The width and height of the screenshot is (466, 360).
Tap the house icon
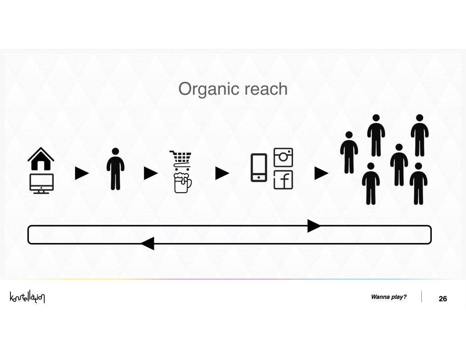pyautogui.click(x=41, y=159)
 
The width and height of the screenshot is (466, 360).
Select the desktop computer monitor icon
pyautogui.click(x=41, y=184)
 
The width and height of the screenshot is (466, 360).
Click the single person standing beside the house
pyautogui.click(x=116, y=169)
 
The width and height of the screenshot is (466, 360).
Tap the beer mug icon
pyautogui.click(x=182, y=183)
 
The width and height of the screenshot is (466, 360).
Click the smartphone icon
pyautogui.click(x=259, y=167)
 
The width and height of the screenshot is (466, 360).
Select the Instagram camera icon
pyautogui.click(x=283, y=157)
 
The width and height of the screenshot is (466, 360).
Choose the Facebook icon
pyautogui.click(x=283, y=180)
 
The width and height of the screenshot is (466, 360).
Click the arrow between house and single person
pyautogui.click(x=82, y=173)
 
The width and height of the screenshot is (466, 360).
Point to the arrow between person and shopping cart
pyautogui.click(x=151, y=173)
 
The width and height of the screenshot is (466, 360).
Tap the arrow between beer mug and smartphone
pyautogui.click(x=222, y=173)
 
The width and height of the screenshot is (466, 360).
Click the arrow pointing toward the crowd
pyautogui.click(x=322, y=173)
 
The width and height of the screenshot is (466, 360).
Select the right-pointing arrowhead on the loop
pyautogui.click(x=314, y=226)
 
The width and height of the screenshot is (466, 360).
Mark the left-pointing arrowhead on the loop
pyautogui.click(x=147, y=243)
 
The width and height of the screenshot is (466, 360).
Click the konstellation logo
pyautogui.click(x=27, y=297)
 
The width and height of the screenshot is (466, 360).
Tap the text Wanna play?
pyautogui.click(x=389, y=297)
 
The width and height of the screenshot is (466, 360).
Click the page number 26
pyautogui.click(x=443, y=299)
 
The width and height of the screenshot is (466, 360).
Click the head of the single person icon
pyautogui.click(x=116, y=151)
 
